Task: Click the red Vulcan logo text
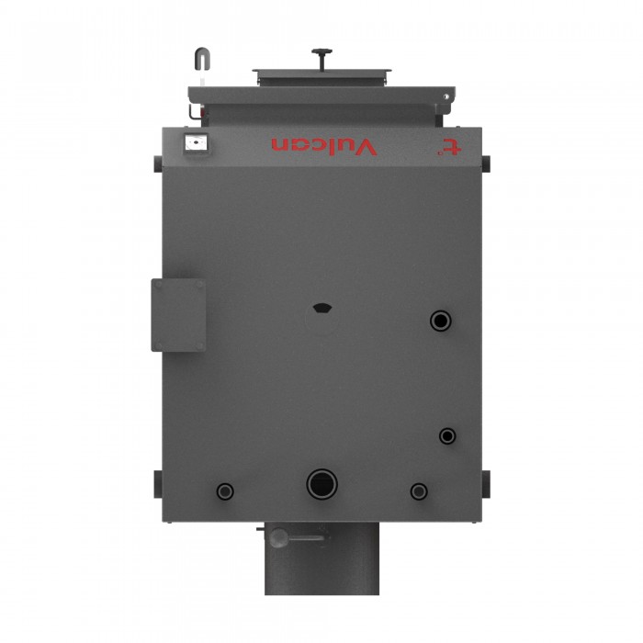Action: click(324, 147)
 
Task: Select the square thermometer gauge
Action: click(196, 143)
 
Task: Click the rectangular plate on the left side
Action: click(178, 315)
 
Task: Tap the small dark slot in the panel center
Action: click(322, 308)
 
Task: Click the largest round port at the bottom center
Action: click(321, 484)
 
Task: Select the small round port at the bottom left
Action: click(225, 491)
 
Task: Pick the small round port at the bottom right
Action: click(419, 491)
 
